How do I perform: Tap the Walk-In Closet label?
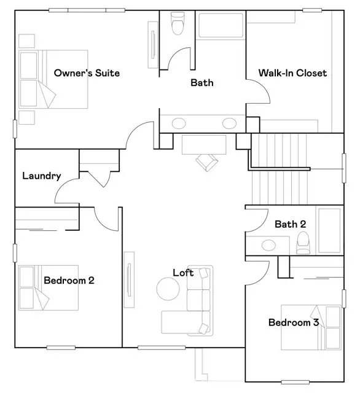[292, 73]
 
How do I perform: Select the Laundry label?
[41, 176]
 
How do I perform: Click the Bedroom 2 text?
[68, 281]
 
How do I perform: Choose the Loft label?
[183, 273]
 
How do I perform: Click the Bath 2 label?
[290, 224]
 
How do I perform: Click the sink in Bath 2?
[269, 246]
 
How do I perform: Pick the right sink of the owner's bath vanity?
[229, 123]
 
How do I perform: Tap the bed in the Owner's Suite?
[52, 79]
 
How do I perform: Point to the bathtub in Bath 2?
[332, 230]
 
